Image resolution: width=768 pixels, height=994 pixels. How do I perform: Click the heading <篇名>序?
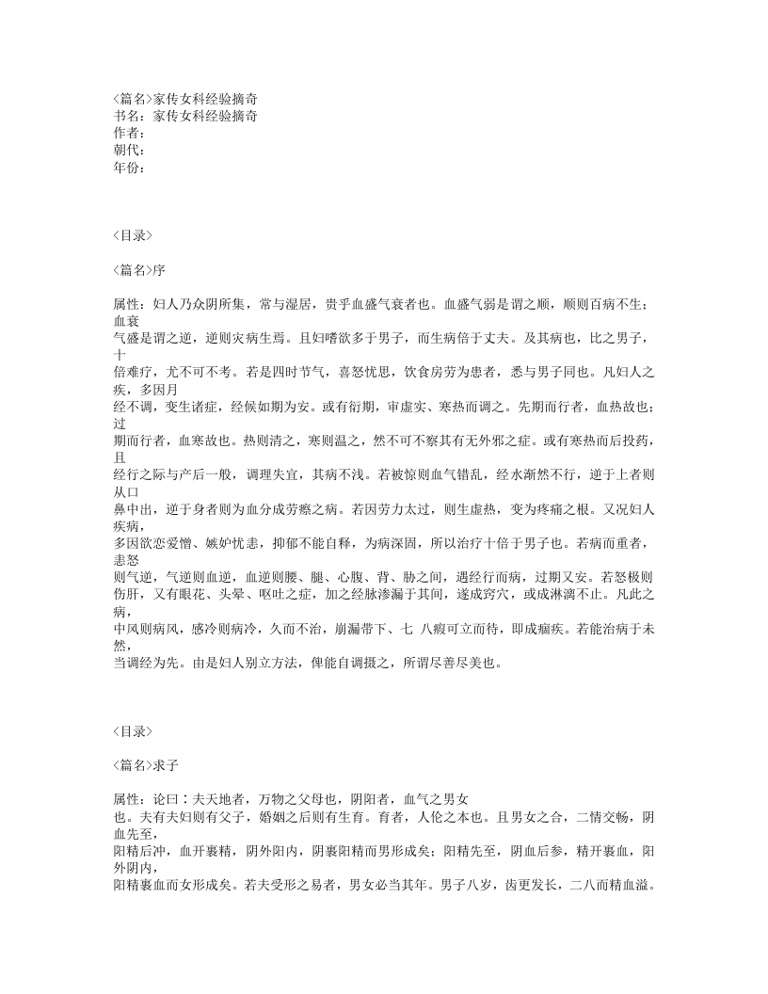pyautogui.click(x=139, y=269)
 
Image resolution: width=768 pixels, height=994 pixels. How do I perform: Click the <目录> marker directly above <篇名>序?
pyautogui.click(x=132, y=235)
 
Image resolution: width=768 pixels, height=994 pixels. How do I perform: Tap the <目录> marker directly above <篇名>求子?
pyautogui.click(x=132, y=730)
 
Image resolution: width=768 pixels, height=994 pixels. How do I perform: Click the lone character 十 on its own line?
pyautogui.click(x=119, y=354)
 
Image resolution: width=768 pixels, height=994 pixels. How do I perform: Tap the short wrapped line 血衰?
pyautogui.click(x=124, y=320)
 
